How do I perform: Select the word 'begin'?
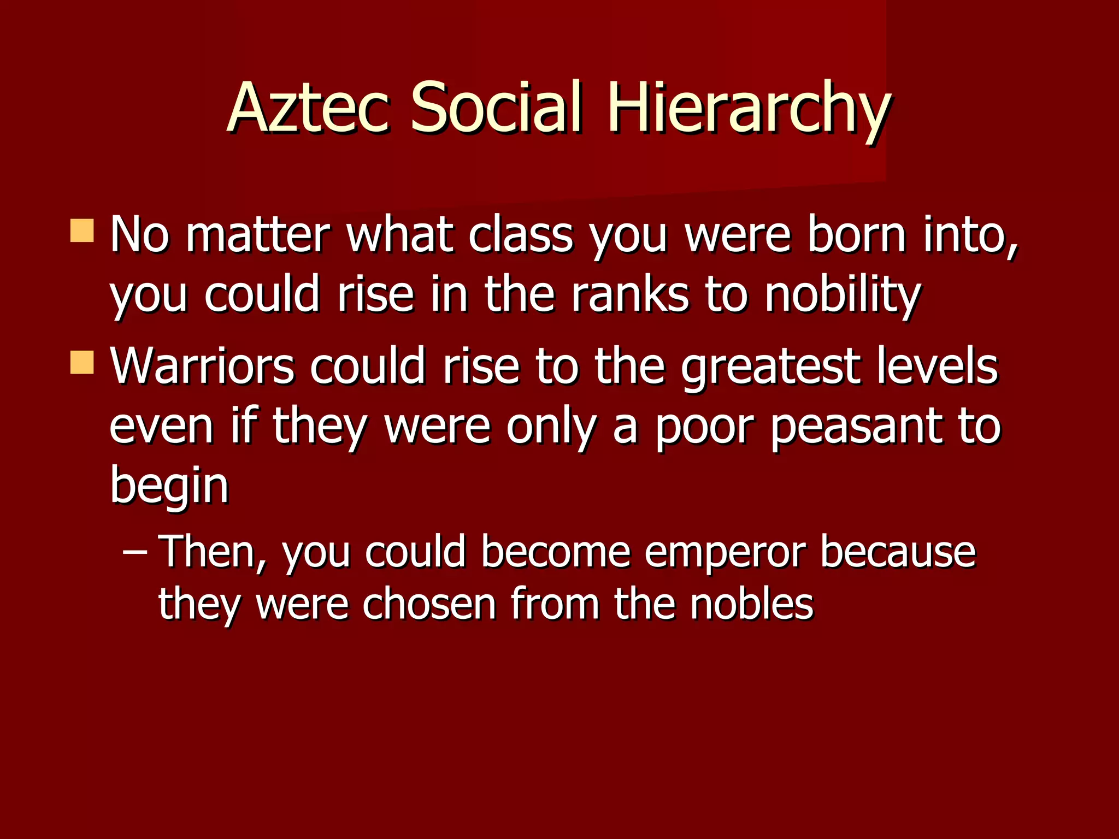169,486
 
